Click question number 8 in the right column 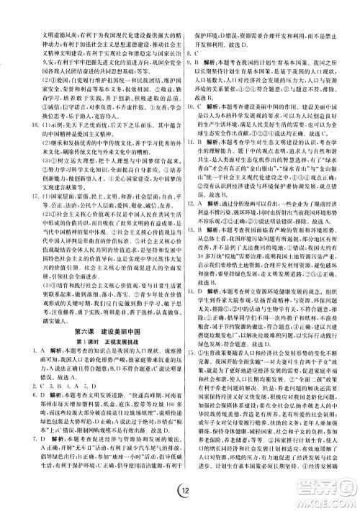[189, 55]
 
